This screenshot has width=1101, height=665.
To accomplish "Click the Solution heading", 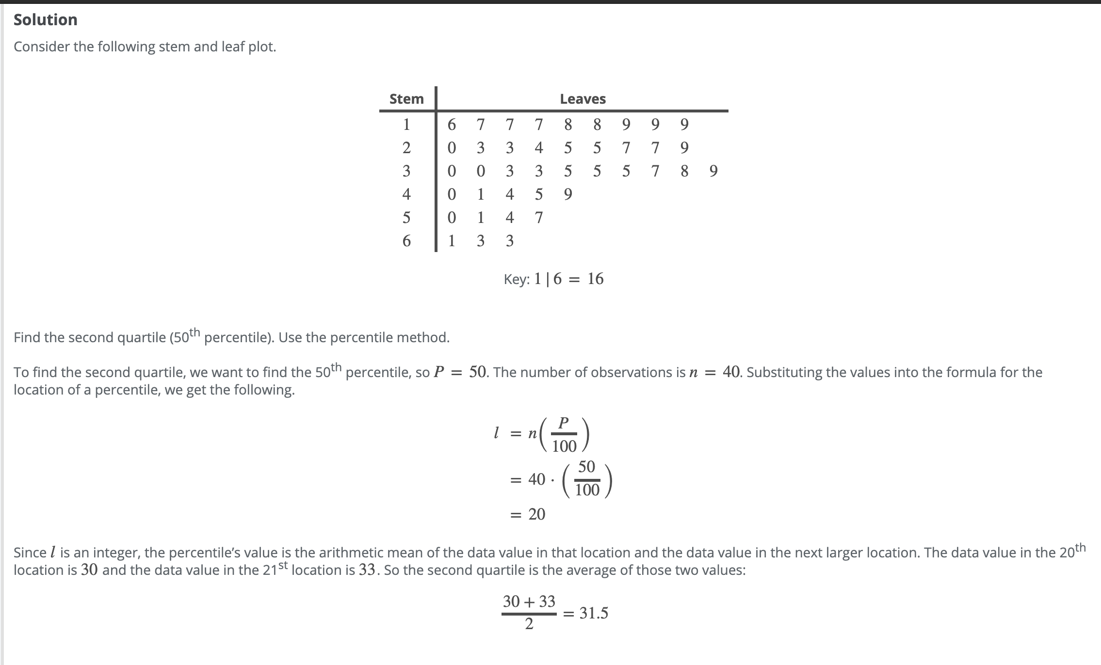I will [46, 20].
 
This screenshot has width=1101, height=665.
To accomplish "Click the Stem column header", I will [406, 99].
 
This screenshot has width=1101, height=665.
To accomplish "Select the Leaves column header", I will [583, 99].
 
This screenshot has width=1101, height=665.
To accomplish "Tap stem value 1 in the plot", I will [406, 125].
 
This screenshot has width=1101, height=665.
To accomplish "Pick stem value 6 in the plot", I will [406, 241].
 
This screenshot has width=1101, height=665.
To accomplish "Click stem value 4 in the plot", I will [406, 194].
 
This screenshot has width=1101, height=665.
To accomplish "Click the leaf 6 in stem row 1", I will [452, 125].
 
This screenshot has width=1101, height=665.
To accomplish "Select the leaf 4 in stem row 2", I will [539, 148].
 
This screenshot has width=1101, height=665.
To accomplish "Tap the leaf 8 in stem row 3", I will [684, 171].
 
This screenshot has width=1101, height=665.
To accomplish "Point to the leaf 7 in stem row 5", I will [539, 218].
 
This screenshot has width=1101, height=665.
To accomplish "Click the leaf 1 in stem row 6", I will [452, 241].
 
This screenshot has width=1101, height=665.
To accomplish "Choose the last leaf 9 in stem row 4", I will [568, 194].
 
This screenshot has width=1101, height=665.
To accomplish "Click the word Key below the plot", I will [516, 279].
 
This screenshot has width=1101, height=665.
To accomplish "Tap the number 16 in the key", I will [596, 279].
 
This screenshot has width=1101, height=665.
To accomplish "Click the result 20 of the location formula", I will [537, 514].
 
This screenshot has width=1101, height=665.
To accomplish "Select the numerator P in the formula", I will [563, 423].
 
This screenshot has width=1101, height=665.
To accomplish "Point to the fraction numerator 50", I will [586, 467].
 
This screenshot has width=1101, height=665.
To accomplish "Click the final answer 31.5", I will [594, 613].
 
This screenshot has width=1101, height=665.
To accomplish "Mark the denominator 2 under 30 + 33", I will [529, 624].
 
